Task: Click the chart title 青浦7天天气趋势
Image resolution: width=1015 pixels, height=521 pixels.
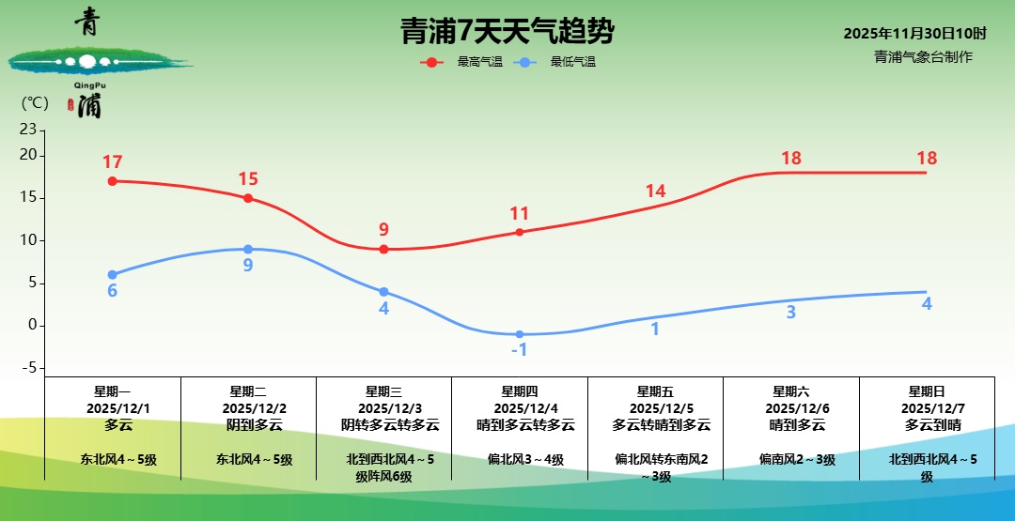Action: pyautogui.click(x=507, y=32)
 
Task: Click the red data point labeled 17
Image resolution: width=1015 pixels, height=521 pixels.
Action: pyautogui.click(x=112, y=181)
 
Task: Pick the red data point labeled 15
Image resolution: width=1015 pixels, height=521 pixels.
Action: pyautogui.click(x=248, y=198)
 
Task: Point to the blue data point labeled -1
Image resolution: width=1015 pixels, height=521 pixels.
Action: pyautogui.click(x=520, y=334)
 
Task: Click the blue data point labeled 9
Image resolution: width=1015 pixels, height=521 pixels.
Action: pyautogui.click(x=248, y=249)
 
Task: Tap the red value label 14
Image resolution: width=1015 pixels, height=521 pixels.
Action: pyautogui.click(x=655, y=192)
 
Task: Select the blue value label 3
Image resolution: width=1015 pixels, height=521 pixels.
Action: pyautogui.click(x=791, y=313)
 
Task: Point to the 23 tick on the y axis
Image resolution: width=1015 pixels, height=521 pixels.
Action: pyautogui.click(x=27, y=130)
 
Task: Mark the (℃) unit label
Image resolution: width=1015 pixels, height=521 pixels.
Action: pyautogui.click(x=35, y=103)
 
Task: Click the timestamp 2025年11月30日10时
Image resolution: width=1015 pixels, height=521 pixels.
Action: pyautogui.click(x=914, y=34)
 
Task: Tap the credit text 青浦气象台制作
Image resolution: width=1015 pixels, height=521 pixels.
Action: pyautogui.click(x=923, y=57)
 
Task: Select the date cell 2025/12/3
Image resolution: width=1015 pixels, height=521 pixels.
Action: pyautogui.click(x=383, y=408)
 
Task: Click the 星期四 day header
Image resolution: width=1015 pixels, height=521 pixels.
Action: pyautogui.click(x=520, y=391)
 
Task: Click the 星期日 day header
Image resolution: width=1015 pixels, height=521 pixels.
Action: pyautogui.click(x=927, y=391)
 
